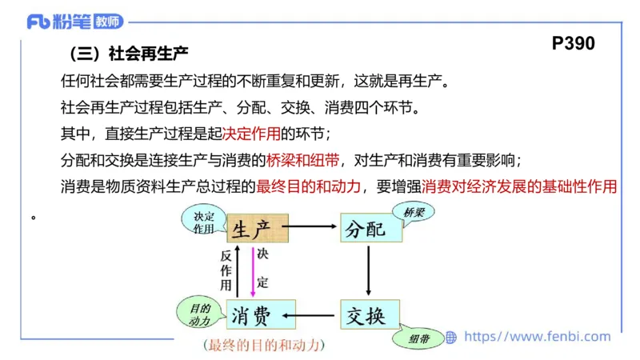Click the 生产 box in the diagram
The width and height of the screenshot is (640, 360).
pyautogui.click(x=258, y=228)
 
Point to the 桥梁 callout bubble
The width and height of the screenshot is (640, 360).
pyautogui.click(x=415, y=214)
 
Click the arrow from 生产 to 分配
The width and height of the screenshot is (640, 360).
pyautogui.click(x=314, y=227)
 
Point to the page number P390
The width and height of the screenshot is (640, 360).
pyautogui.click(x=574, y=45)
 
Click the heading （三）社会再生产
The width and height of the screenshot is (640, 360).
pyautogui.click(x=127, y=55)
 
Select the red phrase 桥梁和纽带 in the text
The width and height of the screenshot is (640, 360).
pyautogui.click(x=302, y=159)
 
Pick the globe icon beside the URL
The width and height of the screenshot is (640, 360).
pyautogui.click(x=451, y=338)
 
